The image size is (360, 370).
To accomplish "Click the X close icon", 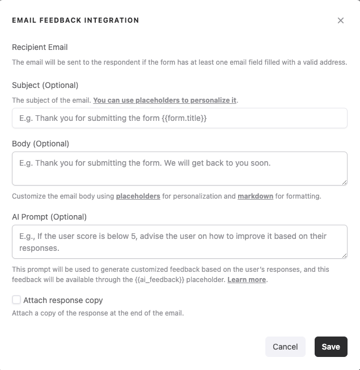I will (x=341, y=20).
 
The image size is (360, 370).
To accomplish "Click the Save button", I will (x=331, y=347).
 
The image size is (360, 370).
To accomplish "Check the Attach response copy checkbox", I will (x=16, y=300).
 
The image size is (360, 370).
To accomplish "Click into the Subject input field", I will (x=179, y=118).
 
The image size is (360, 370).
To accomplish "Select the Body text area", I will (x=179, y=168).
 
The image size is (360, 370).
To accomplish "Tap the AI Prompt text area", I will (x=179, y=241).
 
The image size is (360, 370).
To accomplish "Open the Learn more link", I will (x=247, y=280).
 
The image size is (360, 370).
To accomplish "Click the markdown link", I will (x=255, y=196).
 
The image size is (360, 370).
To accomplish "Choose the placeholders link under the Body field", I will (x=138, y=196).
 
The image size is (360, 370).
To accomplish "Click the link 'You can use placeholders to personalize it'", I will (x=165, y=100).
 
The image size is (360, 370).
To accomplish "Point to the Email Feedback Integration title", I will (x=75, y=20).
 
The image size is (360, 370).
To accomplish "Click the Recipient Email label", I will (x=40, y=47).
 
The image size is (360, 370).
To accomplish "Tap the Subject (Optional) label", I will (x=45, y=85).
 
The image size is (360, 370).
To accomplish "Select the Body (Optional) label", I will (x=40, y=144).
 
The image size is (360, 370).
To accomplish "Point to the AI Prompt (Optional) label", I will (x=49, y=217).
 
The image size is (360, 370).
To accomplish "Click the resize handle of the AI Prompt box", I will (x=344, y=255).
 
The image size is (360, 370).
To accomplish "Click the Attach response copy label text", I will (x=63, y=300).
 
